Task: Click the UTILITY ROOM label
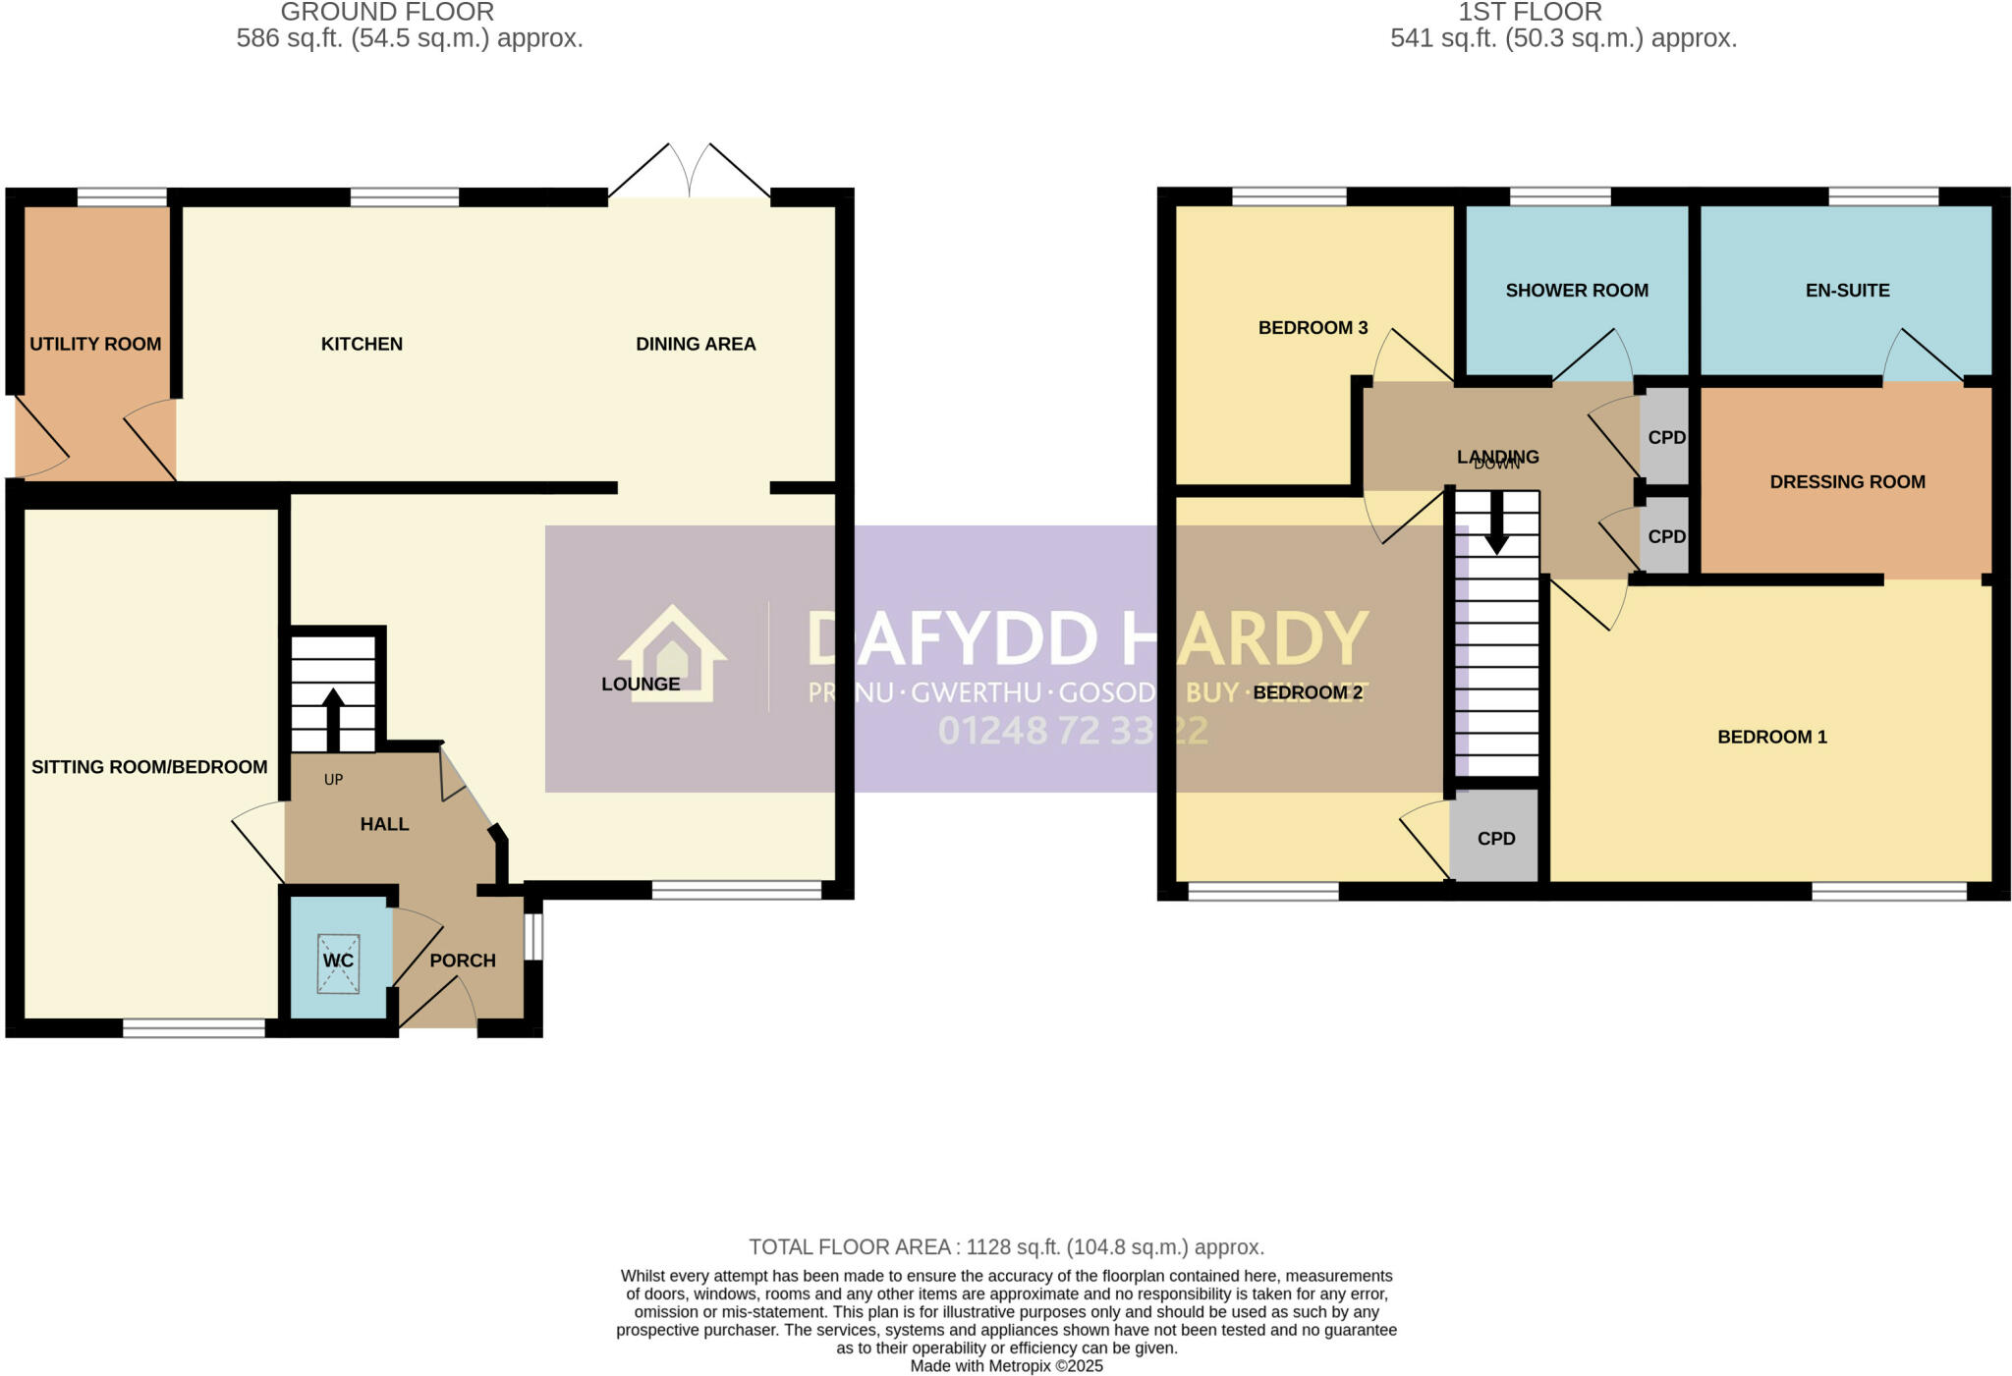point(95,344)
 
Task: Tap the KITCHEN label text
point(362,344)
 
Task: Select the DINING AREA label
point(696,344)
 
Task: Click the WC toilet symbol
point(338,962)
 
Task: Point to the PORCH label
point(462,961)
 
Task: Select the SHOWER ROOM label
point(1577,291)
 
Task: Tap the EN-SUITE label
point(1847,291)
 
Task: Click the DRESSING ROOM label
point(1847,482)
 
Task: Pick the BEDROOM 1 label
point(1771,737)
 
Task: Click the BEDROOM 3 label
point(1313,328)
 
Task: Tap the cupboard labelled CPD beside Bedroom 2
point(1495,839)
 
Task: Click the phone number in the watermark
point(1073,731)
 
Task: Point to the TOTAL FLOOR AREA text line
point(1006,1247)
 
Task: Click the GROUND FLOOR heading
point(387,13)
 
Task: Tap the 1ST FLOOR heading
point(1530,13)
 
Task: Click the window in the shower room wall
point(1559,196)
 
